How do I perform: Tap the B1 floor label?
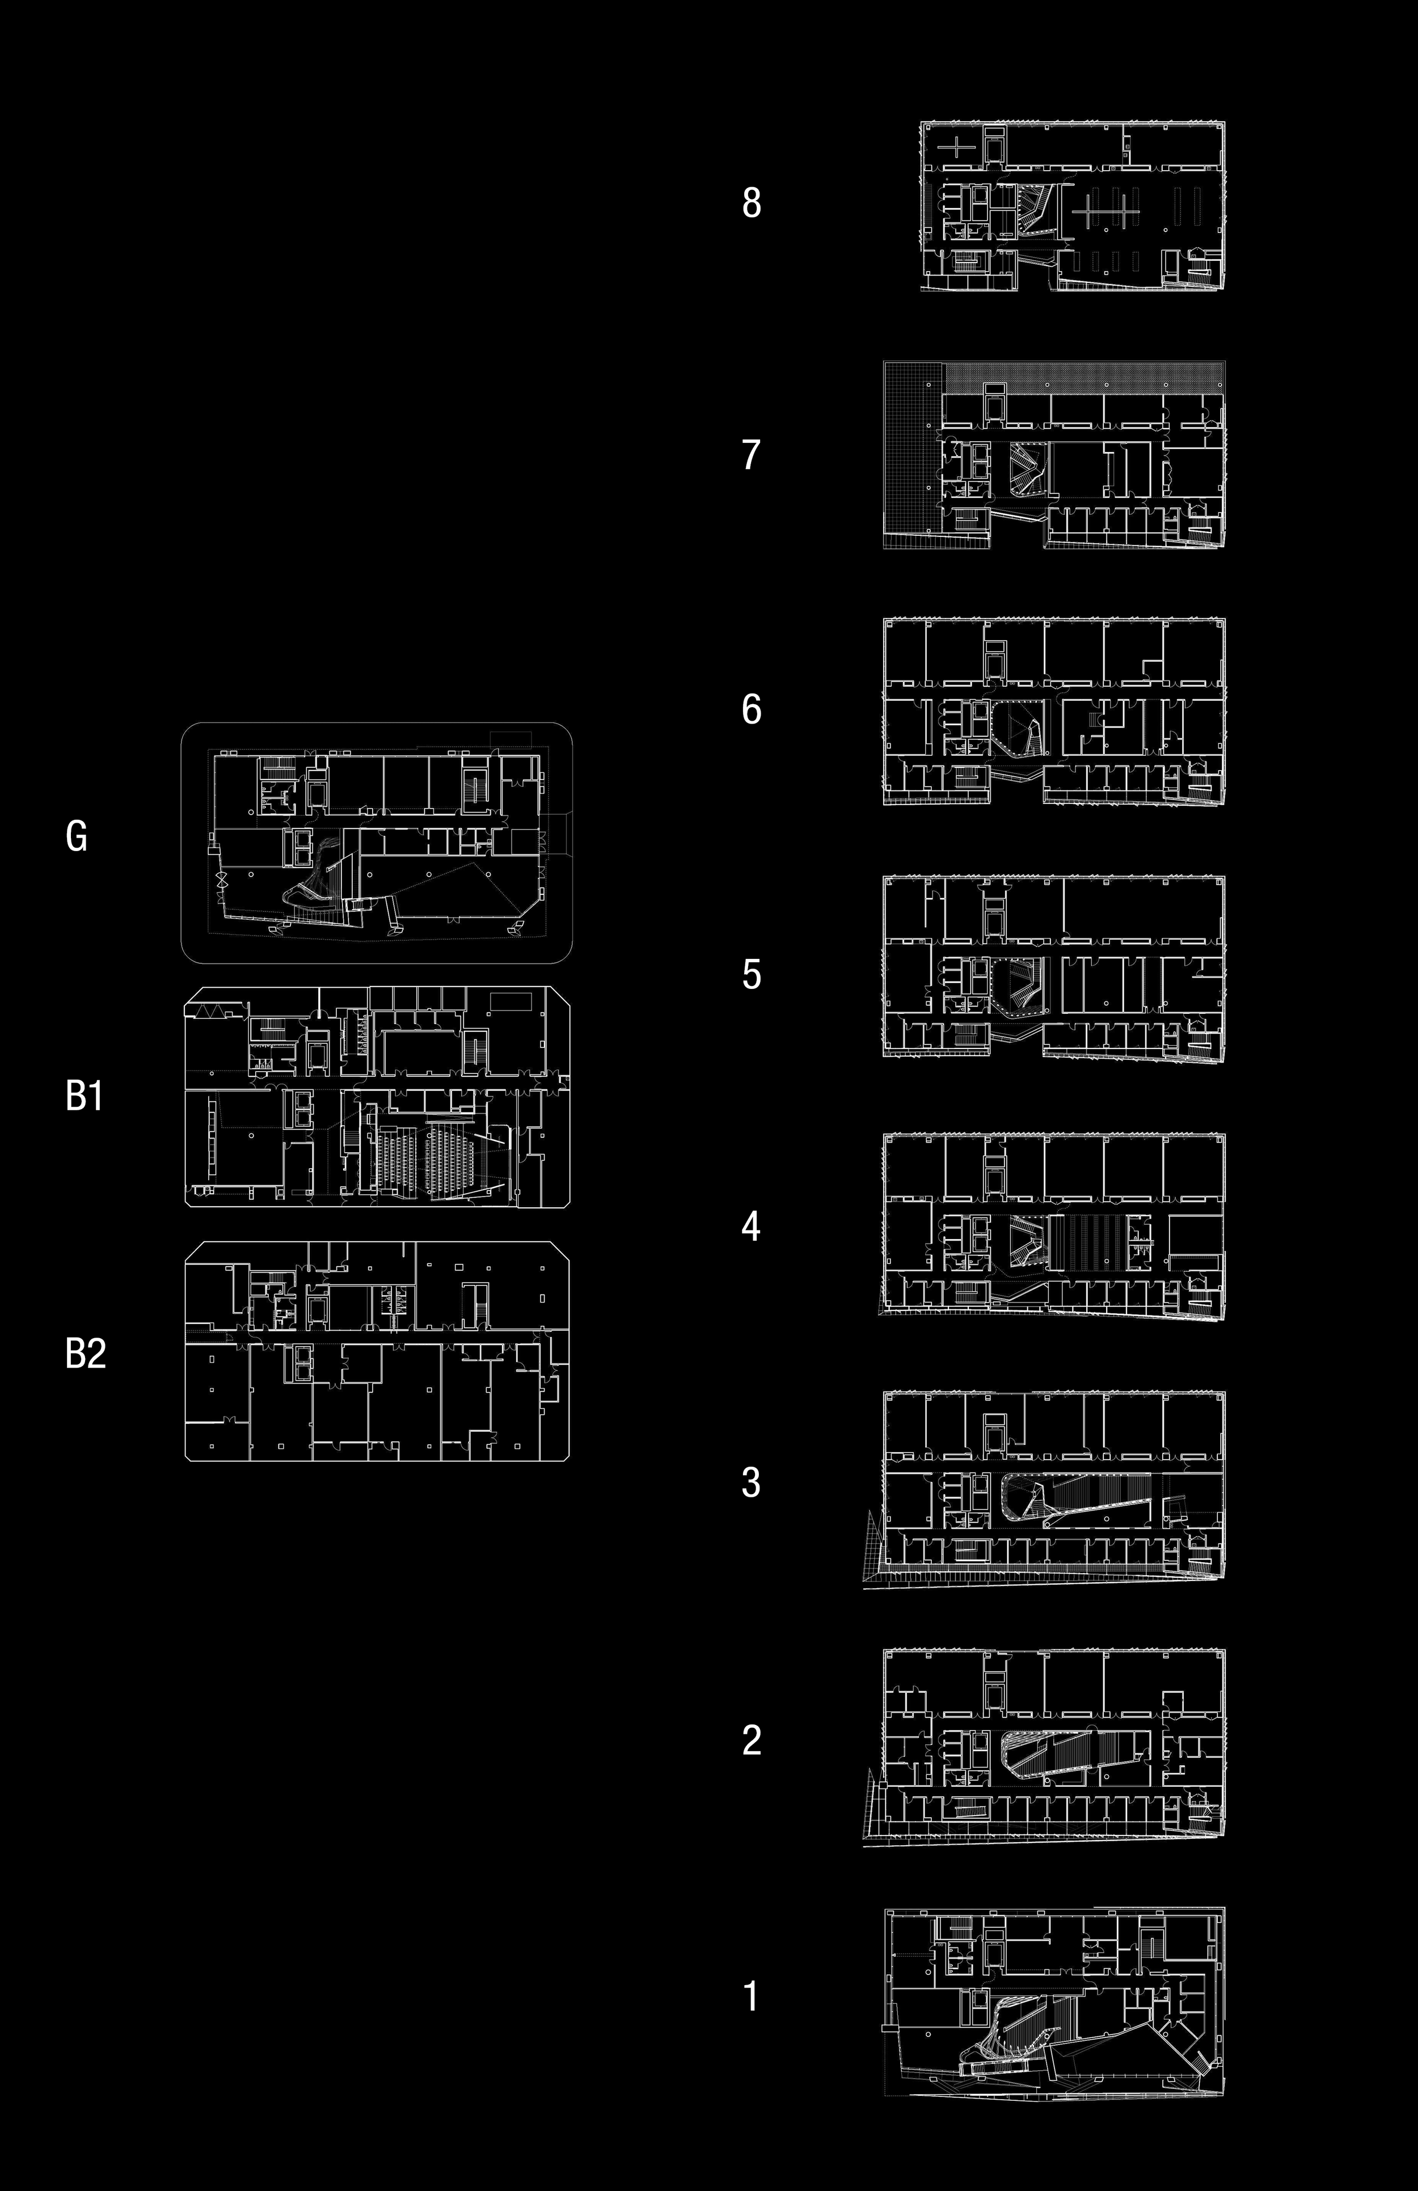tap(84, 1095)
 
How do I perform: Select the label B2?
tap(86, 1353)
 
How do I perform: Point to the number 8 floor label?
tap(752, 202)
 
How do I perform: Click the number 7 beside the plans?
tap(752, 455)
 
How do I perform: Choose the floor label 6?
tap(752, 709)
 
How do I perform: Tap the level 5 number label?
tap(752, 974)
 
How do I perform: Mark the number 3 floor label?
tap(752, 1482)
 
